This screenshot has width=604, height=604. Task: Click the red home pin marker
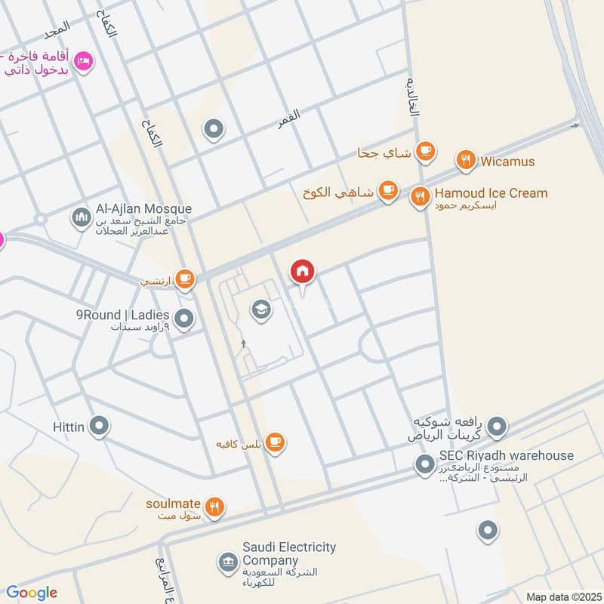(303, 272)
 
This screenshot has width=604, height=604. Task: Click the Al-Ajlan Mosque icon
(81, 218)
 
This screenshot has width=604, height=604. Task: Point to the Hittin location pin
(99, 427)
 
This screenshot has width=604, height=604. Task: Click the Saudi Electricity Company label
(289, 553)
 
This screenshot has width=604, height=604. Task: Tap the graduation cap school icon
(261, 310)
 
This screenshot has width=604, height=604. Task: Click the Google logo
(32, 593)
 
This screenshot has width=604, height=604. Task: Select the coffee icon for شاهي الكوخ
(388, 191)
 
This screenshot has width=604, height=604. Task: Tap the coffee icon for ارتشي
(185, 280)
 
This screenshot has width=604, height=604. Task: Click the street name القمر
(288, 116)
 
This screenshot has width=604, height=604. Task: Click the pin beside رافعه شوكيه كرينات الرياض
(496, 428)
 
